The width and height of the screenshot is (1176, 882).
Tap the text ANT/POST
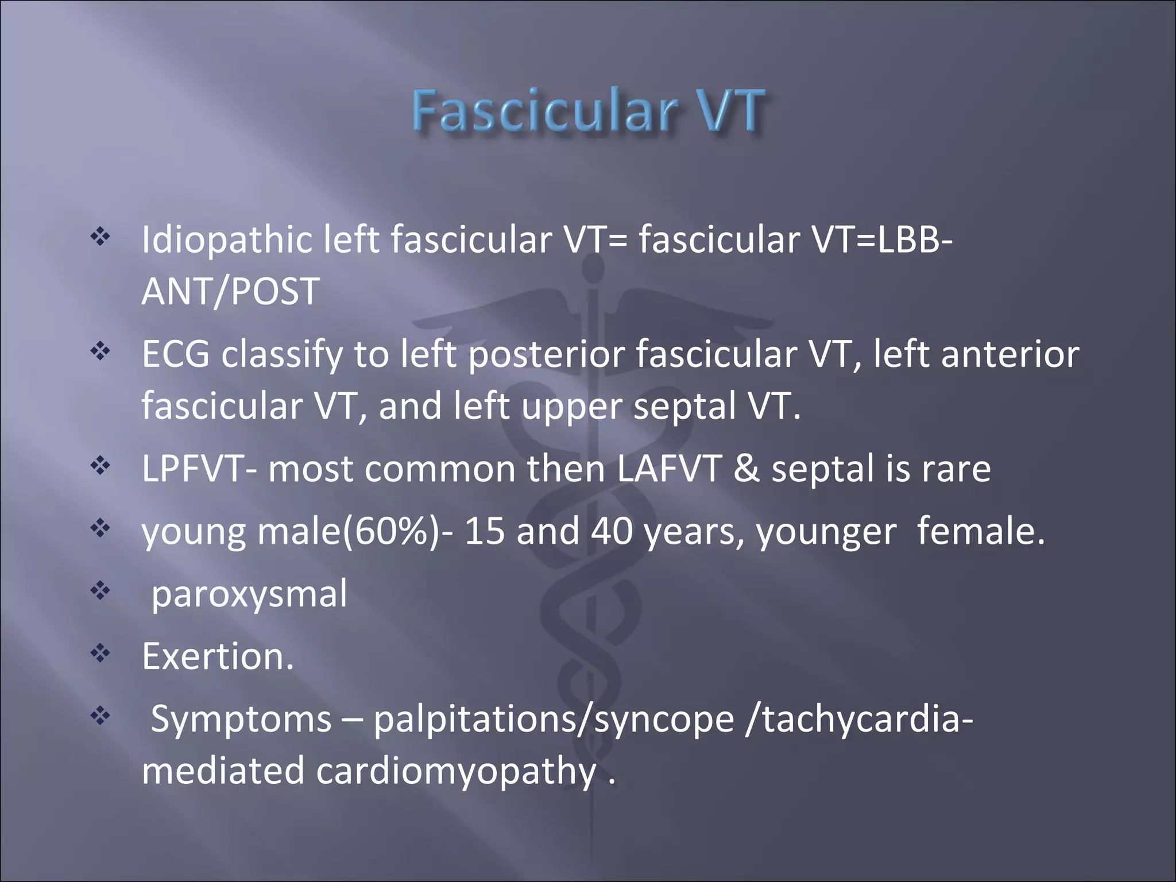pos(230,291)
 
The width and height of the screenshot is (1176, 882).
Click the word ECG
pos(176,354)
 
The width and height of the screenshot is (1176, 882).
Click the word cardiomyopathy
pos(456,772)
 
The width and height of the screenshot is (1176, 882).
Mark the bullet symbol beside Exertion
pos(100,652)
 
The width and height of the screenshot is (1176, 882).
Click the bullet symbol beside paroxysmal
pos(100,590)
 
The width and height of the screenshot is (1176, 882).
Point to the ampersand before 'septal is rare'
pos(746,469)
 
